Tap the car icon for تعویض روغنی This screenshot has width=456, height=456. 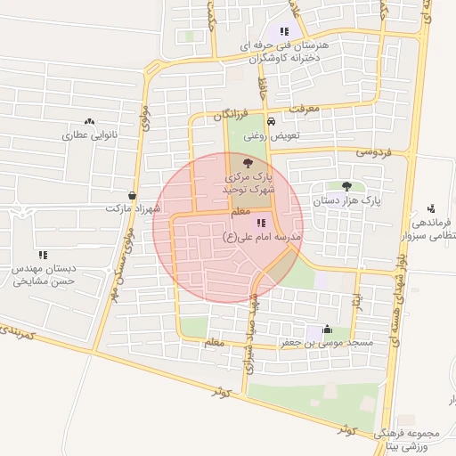(x=271, y=122)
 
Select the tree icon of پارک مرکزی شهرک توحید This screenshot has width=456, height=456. (x=247, y=163)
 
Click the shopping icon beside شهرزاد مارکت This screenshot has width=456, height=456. (x=133, y=195)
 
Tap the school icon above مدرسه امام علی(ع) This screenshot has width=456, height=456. (x=260, y=224)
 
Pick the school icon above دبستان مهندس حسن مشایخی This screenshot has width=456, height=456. (x=43, y=255)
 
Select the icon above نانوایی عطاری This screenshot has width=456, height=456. (x=89, y=121)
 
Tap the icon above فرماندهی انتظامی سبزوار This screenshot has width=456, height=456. (x=431, y=207)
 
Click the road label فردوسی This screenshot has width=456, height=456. (x=374, y=152)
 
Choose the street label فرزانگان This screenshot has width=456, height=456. (x=232, y=116)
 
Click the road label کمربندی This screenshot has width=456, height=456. (x=18, y=331)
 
